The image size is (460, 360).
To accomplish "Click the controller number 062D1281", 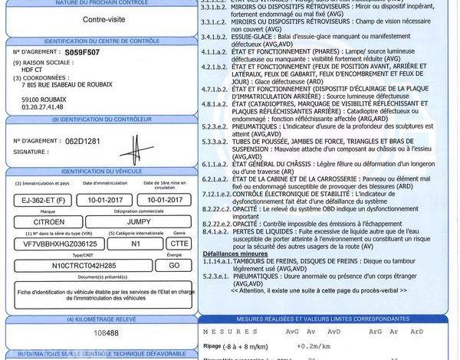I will point(82,142).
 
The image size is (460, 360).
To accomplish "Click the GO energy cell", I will point(173,264).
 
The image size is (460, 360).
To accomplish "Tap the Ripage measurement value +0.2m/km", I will point(303,346).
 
